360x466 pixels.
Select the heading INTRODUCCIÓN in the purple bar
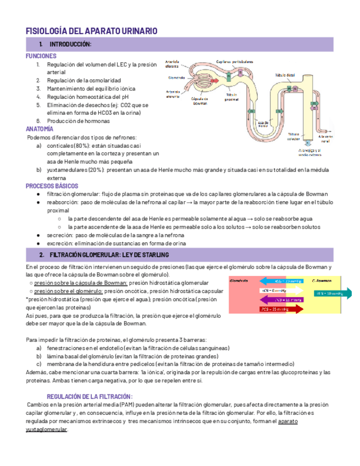tap(70, 44)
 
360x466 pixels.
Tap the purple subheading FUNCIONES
tap(41, 56)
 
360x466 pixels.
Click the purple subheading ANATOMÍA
tap(40, 129)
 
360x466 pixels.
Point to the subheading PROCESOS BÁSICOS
tap(52, 186)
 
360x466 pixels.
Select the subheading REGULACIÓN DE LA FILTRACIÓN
tap(90, 396)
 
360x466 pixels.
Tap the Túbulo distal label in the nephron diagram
tap(285, 74)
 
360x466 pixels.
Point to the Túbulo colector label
tap(293, 136)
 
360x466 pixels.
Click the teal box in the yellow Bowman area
tap(329, 293)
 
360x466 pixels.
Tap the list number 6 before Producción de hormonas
tap(38, 120)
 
